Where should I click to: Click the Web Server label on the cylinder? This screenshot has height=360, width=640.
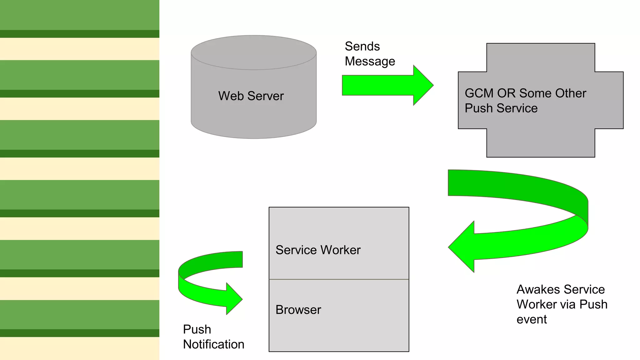251,96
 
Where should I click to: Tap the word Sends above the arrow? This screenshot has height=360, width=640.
362,47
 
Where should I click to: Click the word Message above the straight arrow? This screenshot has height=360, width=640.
370,61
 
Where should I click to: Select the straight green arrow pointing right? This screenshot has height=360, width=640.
381,85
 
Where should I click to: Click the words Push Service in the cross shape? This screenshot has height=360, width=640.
501,108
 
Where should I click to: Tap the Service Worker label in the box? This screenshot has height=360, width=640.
318,250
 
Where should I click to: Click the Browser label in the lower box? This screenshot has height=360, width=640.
298,310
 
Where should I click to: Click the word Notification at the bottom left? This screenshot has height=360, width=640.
213,344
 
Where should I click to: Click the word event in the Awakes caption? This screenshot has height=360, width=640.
532,319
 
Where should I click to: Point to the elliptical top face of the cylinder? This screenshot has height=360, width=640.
254,52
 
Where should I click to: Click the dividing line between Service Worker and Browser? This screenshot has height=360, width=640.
339,279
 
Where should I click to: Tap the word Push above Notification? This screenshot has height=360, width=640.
197,329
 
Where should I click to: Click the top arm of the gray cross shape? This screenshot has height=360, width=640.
541,57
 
